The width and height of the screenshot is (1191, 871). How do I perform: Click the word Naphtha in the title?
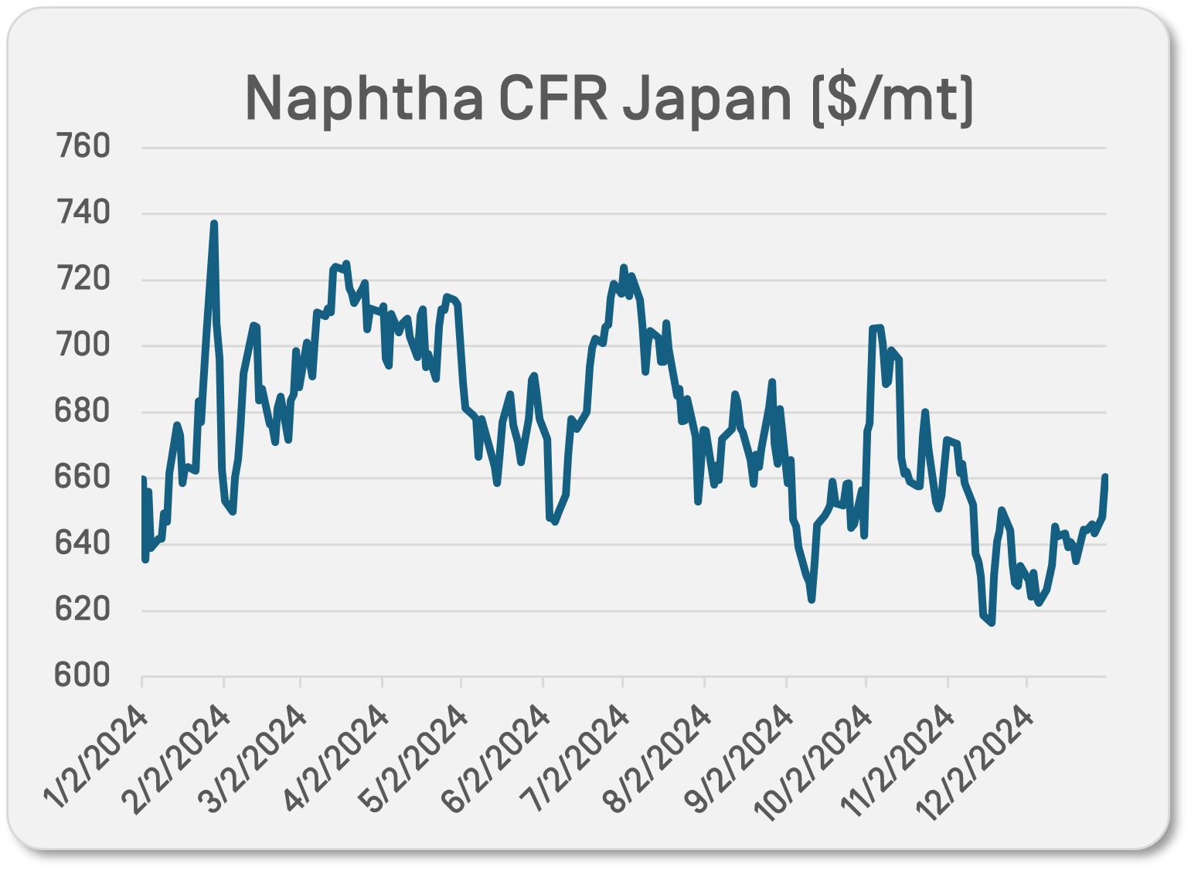(364, 99)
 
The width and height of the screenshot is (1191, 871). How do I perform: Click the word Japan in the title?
(706, 99)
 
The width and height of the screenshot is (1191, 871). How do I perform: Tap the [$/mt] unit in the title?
(892, 99)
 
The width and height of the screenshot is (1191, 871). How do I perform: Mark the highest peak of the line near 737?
(214, 223)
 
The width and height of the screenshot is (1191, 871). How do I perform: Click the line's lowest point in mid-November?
(992, 623)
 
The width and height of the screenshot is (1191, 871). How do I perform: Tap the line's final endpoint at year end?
(1105, 477)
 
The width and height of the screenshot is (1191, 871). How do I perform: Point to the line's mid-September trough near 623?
(812, 600)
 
